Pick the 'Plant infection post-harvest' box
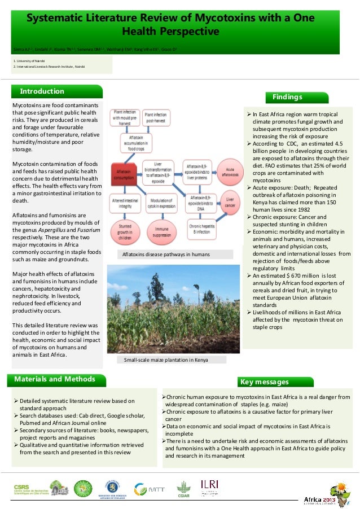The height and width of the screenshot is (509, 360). [155, 117]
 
